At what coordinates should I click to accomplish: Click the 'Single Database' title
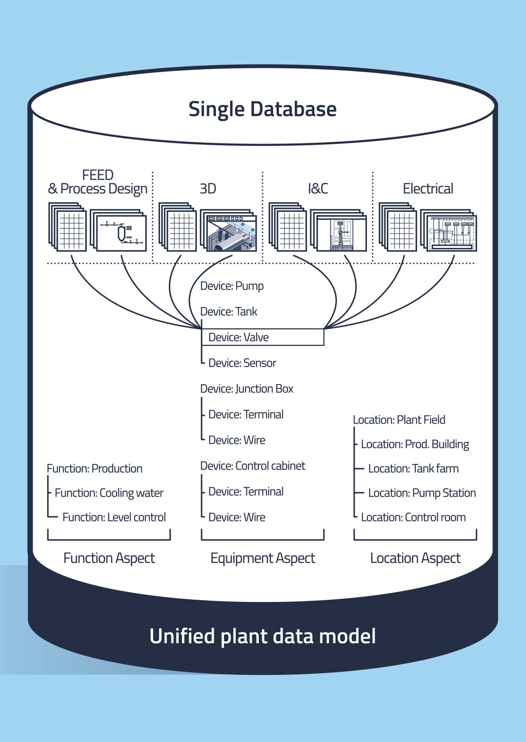point(263,109)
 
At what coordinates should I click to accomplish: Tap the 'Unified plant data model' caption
point(263,636)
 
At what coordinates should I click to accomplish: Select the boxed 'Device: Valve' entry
point(263,337)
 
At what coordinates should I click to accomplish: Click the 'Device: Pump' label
point(232,286)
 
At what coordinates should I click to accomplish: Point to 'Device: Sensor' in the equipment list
point(242,363)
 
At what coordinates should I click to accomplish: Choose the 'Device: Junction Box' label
point(246,389)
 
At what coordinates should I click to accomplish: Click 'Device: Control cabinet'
point(252,466)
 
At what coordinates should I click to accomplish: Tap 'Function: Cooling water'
point(109,493)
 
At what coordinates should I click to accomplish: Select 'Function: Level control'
point(114,517)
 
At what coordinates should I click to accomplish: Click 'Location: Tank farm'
point(413,469)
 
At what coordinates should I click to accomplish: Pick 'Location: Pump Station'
point(422,493)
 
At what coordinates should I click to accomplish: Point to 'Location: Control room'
point(413,517)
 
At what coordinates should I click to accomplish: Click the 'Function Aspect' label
point(109,558)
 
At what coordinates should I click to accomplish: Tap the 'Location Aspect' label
point(415,558)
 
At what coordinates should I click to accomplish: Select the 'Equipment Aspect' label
point(263,558)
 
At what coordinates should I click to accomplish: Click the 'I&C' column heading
point(318,188)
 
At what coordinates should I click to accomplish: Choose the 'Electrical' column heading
point(428,188)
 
